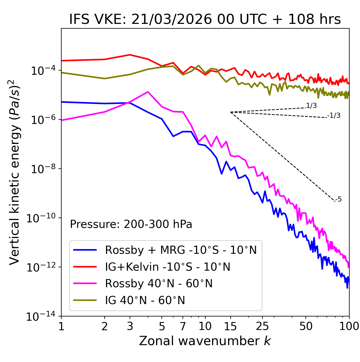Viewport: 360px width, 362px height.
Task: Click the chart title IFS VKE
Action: [x=205, y=20]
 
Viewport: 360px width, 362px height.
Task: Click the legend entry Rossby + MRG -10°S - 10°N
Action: [x=181, y=250]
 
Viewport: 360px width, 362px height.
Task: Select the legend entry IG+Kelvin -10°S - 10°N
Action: [x=168, y=267]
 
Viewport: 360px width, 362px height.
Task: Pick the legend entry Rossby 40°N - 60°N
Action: [x=159, y=284]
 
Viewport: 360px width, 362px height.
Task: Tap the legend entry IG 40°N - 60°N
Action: [x=145, y=300]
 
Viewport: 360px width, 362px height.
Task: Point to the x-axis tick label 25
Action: [x=262, y=326]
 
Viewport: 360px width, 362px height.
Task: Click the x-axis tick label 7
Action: [x=183, y=326]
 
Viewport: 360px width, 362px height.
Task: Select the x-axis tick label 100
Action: [x=349, y=326]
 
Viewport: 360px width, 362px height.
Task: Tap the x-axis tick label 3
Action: [x=130, y=326]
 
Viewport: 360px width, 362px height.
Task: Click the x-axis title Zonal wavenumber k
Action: [x=205, y=341]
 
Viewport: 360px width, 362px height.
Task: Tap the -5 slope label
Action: [x=339, y=200]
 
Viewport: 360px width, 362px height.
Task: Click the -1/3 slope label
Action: [x=334, y=116]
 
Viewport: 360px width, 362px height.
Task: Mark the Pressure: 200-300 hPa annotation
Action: [x=131, y=224]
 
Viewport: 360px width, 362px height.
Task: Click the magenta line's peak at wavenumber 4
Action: [x=148, y=92]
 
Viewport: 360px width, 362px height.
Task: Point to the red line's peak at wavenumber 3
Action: [x=130, y=55]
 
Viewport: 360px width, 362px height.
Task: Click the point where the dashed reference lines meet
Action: [x=231, y=112]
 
